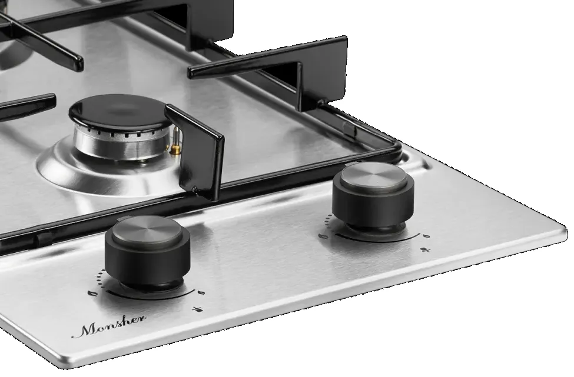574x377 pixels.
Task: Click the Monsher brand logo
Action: coord(109,325)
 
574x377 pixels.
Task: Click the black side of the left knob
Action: coord(147,259)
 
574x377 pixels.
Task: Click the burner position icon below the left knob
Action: coord(198,310)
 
